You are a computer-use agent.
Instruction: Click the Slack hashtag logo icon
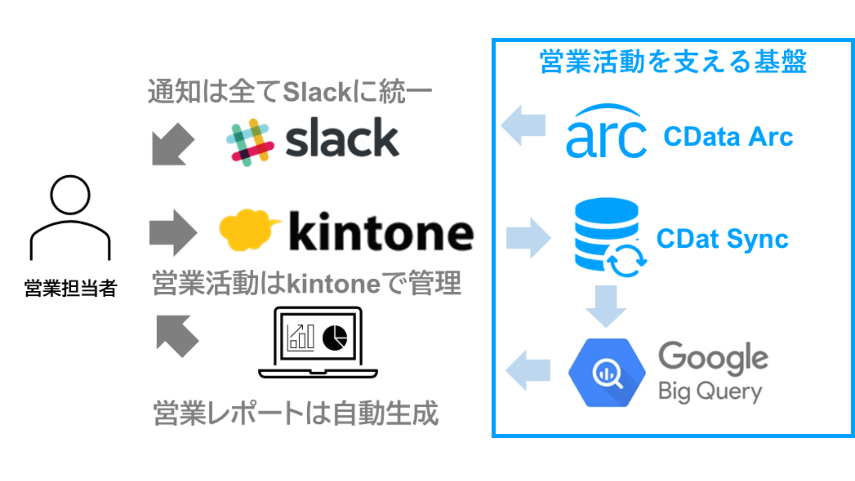250,142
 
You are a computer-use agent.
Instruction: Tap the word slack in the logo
342,139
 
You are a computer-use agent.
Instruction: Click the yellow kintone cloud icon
247,229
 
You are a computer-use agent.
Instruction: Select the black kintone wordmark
381,232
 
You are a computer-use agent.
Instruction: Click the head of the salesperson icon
70,195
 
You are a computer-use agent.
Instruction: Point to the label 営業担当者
70,288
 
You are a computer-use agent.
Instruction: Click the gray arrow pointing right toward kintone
173,232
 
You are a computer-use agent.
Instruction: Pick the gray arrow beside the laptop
177,336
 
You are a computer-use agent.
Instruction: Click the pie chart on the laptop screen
334,338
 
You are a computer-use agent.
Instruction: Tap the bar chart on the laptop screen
301,337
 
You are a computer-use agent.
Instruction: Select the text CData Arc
728,137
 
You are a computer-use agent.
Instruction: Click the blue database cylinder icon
607,233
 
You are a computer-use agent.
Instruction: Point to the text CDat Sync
722,239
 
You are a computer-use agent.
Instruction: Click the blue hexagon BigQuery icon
607,372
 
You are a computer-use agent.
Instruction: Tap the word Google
713,358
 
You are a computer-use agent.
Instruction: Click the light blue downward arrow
606,306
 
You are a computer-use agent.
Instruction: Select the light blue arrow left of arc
524,125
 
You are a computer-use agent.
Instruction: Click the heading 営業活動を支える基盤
673,61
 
